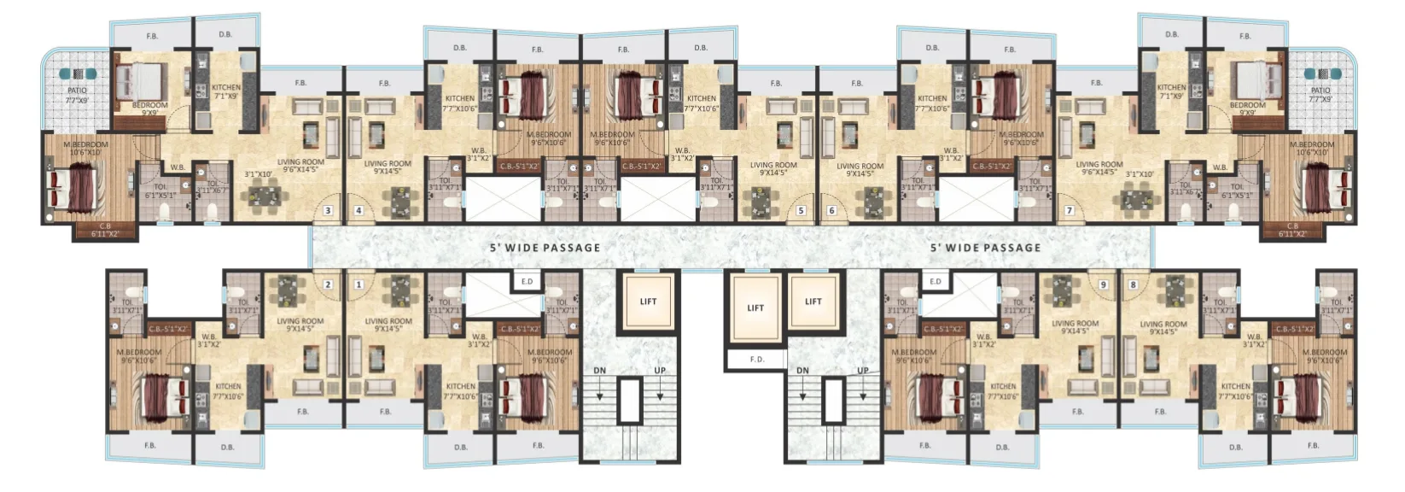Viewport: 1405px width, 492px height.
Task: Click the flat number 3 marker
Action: pyautogui.click(x=328, y=210)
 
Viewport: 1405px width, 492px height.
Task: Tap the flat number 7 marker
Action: pyautogui.click(x=1069, y=210)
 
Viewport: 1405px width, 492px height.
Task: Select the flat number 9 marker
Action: pyautogui.click(x=1103, y=284)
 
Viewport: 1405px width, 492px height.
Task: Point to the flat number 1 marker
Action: pyautogui.click(x=359, y=284)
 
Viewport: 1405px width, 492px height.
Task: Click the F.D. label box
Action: pyautogui.click(x=756, y=360)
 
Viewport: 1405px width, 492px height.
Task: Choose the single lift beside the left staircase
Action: pyautogui.click(x=648, y=302)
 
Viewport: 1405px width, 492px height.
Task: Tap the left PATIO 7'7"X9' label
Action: pyautogui.click(x=78, y=94)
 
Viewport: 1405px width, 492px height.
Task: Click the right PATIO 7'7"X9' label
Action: pyautogui.click(x=1320, y=94)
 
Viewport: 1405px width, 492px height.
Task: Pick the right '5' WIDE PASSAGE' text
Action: pyautogui.click(x=985, y=248)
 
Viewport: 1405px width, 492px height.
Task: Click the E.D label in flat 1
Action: pyautogui.click(x=527, y=282)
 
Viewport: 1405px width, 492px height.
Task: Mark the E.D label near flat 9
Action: pyautogui.click(x=935, y=282)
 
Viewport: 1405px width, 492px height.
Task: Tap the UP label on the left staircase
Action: pyautogui.click(x=660, y=371)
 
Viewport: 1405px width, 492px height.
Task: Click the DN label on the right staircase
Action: pyautogui.click(x=802, y=371)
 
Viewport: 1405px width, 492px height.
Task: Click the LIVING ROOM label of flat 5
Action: pyautogui.click(x=772, y=169)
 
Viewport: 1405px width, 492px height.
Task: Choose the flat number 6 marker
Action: pyautogui.click(x=831, y=210)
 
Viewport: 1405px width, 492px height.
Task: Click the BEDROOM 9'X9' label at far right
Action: pyautogui.click(x=1247, y=108)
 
